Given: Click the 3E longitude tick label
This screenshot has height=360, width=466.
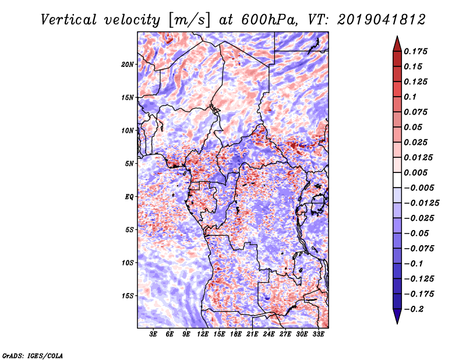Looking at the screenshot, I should pos(154,334).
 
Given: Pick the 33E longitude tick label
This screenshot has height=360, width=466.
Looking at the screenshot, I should pos(318,334).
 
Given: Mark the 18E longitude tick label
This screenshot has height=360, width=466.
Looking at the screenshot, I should pos(236,334).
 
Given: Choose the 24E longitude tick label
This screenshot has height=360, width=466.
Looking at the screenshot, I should pos(269,334).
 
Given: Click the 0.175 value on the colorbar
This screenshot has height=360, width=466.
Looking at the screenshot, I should pos(417,51).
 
